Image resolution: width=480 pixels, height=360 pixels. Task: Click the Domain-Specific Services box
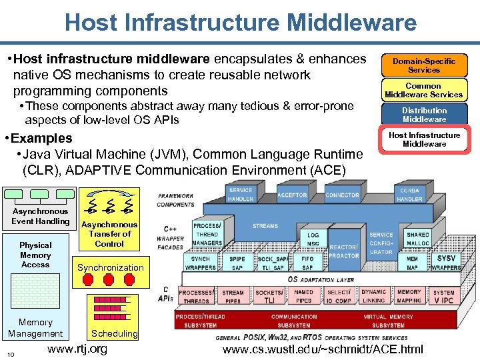pyautogui.click(x=424, y=65)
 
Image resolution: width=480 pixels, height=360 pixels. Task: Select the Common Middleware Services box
pyautogui.click(x=424, y=90)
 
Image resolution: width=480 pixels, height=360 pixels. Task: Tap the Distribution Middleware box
pyautogui.click(x=424, y=115)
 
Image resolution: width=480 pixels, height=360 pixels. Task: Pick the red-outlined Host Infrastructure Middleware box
pyautogui.click(x=424, y=139)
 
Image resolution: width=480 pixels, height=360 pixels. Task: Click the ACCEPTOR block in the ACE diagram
pyautogui.click(x=292, y=195)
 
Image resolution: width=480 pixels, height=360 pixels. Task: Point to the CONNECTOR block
pyautogui.click(x=342, y=195)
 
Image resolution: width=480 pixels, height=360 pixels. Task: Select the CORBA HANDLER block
pyautogui.click(x=409, y=195)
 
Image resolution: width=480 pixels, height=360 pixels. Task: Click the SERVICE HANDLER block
pyautogui.click(x=241, y=195)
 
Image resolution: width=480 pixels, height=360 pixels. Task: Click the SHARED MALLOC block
pyautogui.click(x=418, y=239)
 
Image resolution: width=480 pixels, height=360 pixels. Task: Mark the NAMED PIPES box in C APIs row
pyautogui.click(x=303, y=296)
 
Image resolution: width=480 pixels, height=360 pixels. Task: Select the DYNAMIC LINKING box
pyautogui.click(x=373, y=296)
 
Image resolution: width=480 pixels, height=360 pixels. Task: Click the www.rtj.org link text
pyautogui.click(x=77, y=349)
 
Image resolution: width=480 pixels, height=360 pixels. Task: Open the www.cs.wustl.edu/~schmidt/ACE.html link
pyautogui.click(x=322, y=349)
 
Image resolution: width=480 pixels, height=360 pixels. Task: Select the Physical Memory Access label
pyautogui.click(x=35, y=255)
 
